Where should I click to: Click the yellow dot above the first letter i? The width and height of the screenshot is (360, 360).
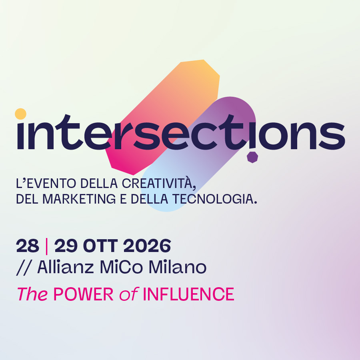click(x=21, y=114)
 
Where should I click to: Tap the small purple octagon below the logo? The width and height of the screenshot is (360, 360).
click(x=252, y=157)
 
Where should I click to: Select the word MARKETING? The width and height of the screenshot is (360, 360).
click(x=79, y=199)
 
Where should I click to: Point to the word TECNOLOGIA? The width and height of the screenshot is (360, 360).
click(x=214, y=199)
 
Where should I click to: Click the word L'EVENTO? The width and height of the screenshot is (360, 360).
click(x=46, y=184)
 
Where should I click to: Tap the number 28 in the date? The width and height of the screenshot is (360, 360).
click(x=28, y=246)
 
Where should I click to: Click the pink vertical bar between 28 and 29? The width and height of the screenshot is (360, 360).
click(x=47, y=246)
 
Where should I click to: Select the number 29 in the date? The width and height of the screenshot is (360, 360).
click(x=66, y=246)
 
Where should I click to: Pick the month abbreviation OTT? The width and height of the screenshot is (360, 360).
click(x=100, y=246)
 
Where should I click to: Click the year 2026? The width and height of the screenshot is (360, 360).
click(x=147, y=246)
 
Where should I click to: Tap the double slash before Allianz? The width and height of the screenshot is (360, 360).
click(x=24, y=267)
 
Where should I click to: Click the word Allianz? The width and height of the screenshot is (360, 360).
click(x=66, y=267)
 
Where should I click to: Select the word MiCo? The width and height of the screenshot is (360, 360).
click(x=122, y=267)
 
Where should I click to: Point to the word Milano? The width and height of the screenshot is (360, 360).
click(x=178, y=267)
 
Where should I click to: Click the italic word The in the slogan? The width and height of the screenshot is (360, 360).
click(x=33, y=294)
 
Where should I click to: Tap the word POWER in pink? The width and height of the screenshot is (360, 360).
click(x=84, y=294)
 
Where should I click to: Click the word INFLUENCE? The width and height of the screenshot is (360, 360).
click(x=188, y=294)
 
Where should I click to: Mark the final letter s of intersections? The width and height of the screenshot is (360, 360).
click(x=332, y=136)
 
